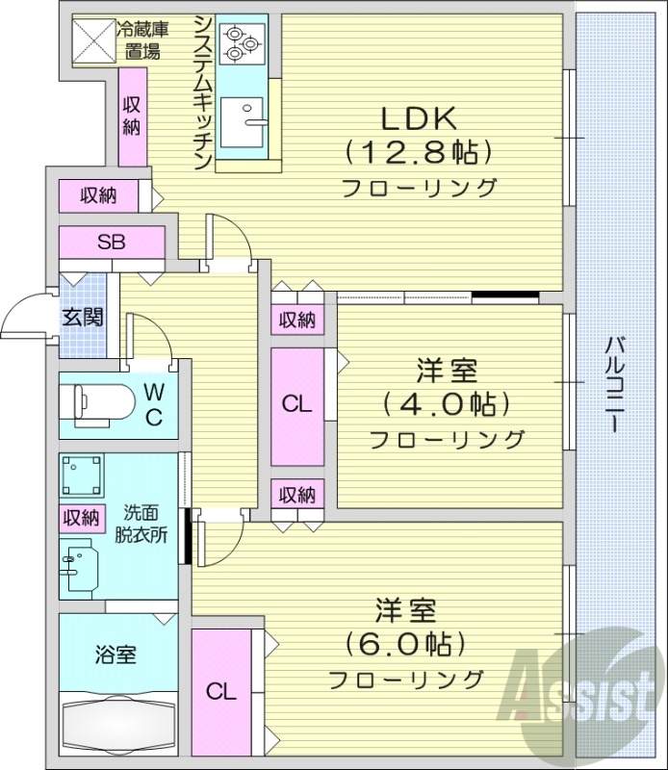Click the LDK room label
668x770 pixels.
click(x=419, y=118)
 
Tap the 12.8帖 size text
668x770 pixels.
click(x=419, y=152)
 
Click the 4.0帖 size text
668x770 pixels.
click(x=447, y=403)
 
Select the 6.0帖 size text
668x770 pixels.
click(x=405, y=643)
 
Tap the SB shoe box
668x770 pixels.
click(x=111, y=243)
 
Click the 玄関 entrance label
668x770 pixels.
click(x=83, y=318)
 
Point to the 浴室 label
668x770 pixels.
click(x=116, y=655)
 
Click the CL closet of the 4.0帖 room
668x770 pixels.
click(x=297, y=404)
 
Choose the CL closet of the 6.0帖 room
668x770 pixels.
click(x=221, y=690)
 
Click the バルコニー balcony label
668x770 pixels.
click(x=614, y=385)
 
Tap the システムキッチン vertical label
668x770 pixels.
click(x=202, y=91)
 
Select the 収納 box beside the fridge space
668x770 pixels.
click(x=133, y=115)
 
